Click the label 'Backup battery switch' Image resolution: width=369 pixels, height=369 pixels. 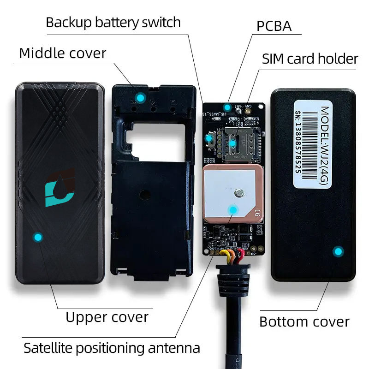[x=113, y=22]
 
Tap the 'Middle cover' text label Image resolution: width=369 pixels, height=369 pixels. [x=62, y=53]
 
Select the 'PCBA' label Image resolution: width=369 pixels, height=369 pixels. [x=274, y=26]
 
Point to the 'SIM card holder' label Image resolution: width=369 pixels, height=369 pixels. [x=310, y=59]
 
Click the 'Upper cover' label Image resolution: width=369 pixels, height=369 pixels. [x=107, y=317]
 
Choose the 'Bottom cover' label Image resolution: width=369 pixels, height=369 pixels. [x=304, y=321]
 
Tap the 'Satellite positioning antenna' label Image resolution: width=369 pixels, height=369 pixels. [x=112, y=347]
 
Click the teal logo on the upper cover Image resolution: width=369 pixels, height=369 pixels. [x=60, y=188]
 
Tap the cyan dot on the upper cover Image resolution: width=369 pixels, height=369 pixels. [x=38, y=237]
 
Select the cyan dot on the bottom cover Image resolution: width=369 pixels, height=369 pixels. [x=339, y=251]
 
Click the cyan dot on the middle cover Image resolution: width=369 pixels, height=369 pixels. [x=139, y=98]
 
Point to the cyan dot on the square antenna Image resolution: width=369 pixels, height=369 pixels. [x=233, y=210]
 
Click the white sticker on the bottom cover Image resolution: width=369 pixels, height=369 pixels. [x=313, y=143]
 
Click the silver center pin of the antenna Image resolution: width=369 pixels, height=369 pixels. [x=238, y=193]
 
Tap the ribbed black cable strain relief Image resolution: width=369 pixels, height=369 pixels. [x=233, y=280]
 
